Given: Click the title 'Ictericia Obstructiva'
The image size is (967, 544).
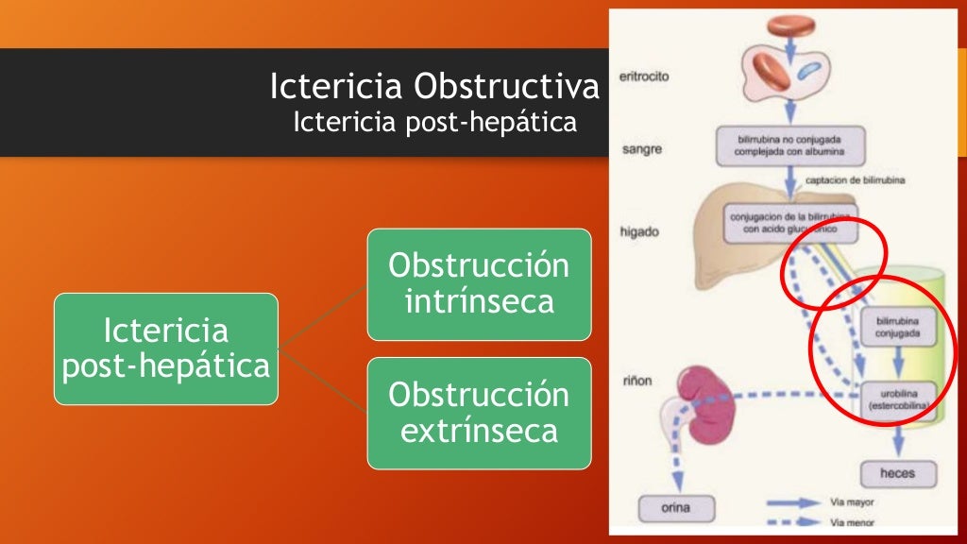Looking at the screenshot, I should [x=434, y=87].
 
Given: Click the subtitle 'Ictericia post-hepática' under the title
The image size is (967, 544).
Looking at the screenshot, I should [x=434, y=123].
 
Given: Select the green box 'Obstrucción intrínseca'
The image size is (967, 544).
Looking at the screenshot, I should [x=479, y=283].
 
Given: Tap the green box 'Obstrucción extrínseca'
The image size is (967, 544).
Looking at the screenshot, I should [x=479, y=413].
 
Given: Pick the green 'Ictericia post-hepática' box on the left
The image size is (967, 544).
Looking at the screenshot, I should [x=166, y=348].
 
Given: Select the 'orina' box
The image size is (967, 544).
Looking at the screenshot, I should [x=676, y=509].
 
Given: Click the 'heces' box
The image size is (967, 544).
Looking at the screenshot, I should [x=896, y=472].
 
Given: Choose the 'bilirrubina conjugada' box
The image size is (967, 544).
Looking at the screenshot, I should [x=898, y=326].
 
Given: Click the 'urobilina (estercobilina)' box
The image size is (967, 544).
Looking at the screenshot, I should [x=898, y=397].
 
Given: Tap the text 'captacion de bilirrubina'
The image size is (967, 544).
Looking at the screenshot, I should [x=856, y=181].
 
